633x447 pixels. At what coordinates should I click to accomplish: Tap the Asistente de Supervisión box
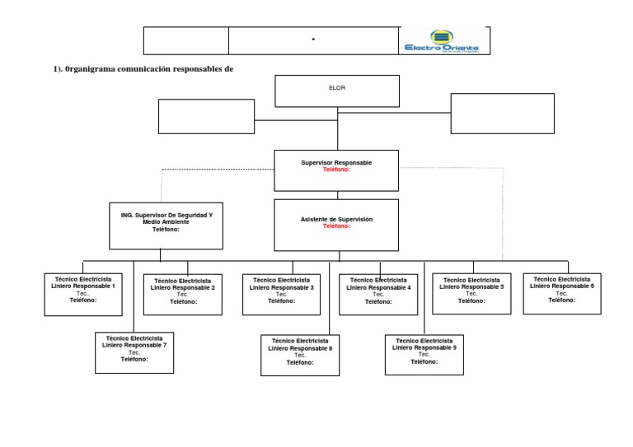(x=336, y=223)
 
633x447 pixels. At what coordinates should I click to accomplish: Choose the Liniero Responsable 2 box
(x=183, y=295)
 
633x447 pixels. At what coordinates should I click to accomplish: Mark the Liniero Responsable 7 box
(x=134, y=352)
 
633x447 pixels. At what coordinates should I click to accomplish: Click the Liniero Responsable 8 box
(x=300, y=355)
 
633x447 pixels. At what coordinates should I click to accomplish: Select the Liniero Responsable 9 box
(x=425, y=353)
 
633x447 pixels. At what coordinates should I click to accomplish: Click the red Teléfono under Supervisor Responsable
(x=336, y=170)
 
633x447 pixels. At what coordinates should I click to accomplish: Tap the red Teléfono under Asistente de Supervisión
(x=336, y=226)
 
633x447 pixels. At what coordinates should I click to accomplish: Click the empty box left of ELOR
(x=206, y=116)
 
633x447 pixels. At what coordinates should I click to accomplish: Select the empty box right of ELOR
(x=502, y=113)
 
